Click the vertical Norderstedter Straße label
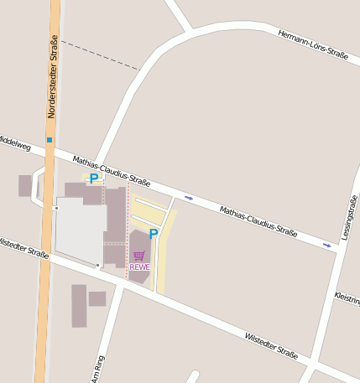point(54,76)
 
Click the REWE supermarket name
point(140,267)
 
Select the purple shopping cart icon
point(139,256)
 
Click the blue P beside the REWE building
point(154,235)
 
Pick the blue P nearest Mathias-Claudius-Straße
point(94,178)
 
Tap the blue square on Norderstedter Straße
point(50,139)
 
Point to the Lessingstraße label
point(350,217)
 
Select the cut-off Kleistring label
point(347,298)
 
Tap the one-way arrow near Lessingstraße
point(327,245)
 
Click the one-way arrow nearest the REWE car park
point(189,198)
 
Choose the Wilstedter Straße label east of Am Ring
point(271,344)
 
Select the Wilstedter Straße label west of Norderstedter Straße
point(23,247)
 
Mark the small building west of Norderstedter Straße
point(25,185)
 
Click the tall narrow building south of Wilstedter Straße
point(79,305)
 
